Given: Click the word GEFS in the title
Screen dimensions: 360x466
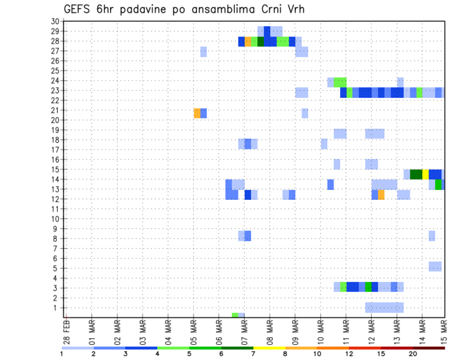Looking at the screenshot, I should click(79, 9).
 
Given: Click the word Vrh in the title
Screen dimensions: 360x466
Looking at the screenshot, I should click(293, 9).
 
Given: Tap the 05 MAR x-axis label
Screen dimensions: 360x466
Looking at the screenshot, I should click(193, 331).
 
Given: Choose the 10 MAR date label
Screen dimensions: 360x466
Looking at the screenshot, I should click(320, 331).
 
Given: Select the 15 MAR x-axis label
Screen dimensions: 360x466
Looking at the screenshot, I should click(443, 331).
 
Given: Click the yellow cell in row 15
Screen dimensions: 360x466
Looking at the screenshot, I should click(425, 174).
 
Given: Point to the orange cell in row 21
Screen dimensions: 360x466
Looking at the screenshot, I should click(197, 113).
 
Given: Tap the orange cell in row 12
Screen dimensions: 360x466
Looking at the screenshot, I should click(381, 195).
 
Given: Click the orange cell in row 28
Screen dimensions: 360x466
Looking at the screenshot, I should click(248, 42).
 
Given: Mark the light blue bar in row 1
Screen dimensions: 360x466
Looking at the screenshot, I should click(384, 308).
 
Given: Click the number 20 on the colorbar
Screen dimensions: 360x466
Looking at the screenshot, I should click(413, 354).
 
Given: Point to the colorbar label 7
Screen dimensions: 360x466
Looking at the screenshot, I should click(253, 354).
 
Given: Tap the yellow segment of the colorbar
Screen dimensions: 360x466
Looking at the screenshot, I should click(269, 348).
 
